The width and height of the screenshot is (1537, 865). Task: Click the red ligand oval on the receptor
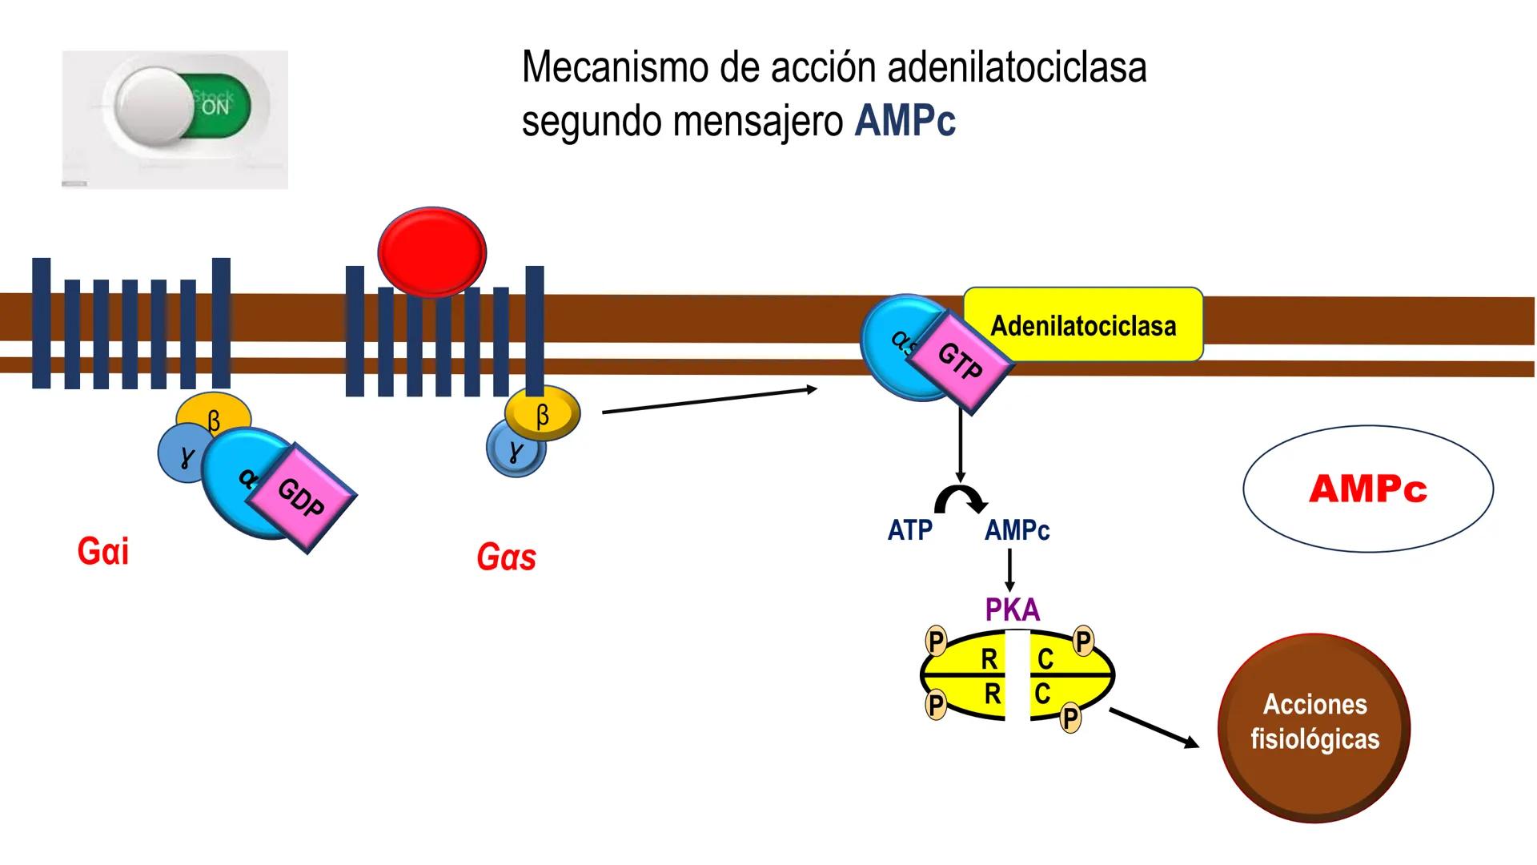pos(432,252)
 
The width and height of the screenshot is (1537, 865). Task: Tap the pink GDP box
pos(302,497)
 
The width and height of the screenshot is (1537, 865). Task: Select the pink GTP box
pos(961,362)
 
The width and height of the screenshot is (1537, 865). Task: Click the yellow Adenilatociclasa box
pos(1083,325)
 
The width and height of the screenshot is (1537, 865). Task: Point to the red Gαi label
pos(102,552)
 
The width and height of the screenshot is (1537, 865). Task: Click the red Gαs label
pos(506,557)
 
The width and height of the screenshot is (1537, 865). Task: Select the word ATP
pos(910,530)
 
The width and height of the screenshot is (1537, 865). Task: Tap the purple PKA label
pos(1013,610)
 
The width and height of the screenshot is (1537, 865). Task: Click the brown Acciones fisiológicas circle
pos(1314,727)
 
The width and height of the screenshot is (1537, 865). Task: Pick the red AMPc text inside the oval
pos(1367,489)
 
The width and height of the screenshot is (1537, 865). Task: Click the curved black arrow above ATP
pos(961,499)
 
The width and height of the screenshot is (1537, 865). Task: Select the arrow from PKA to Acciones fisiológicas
pos(1154,727)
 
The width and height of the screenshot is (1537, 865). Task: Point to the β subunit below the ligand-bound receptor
pos(543,414)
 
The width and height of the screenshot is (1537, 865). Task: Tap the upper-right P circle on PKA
pos(1083,641)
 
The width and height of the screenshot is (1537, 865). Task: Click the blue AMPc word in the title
pos(905,122)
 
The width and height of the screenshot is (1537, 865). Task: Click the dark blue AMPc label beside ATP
pos(1017,530)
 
